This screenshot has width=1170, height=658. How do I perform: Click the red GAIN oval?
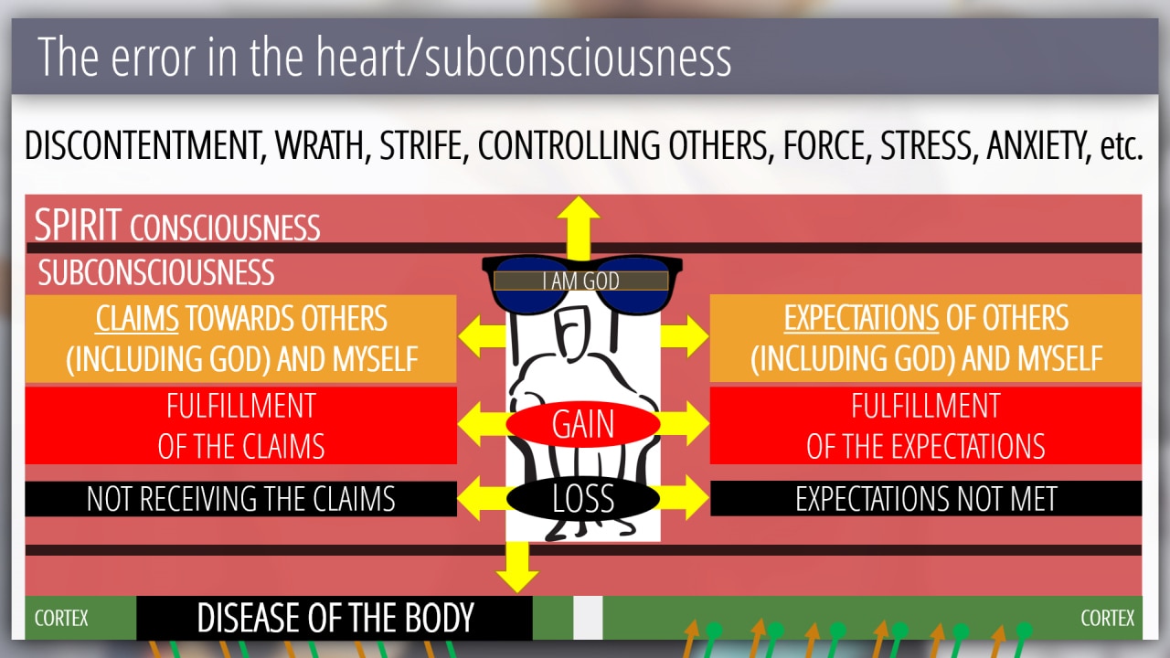click(583, 425)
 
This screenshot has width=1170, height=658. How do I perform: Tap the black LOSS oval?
click(583, 498)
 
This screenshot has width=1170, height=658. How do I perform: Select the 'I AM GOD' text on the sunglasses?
click(581, 281)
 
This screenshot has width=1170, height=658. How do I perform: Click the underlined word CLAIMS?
click(137, 319)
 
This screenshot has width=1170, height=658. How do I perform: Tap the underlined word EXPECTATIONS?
click(861, 319)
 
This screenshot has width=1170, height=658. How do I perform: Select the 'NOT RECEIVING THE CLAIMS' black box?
click(240, 499)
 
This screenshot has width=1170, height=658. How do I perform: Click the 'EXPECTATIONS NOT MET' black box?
click(925, 499)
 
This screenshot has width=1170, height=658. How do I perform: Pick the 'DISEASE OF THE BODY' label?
click(335, 619)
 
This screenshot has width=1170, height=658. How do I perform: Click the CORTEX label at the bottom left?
click(61, 619)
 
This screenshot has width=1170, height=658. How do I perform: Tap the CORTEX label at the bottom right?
click(1107, 619)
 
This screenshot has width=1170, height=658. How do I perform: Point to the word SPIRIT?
click(78, 226)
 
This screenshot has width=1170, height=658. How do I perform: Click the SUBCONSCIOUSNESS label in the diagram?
click(156, 272)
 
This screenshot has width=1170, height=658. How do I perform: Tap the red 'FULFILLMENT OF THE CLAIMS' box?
click(240, 425)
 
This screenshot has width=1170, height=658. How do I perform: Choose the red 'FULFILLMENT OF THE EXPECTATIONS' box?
click(925, 425)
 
